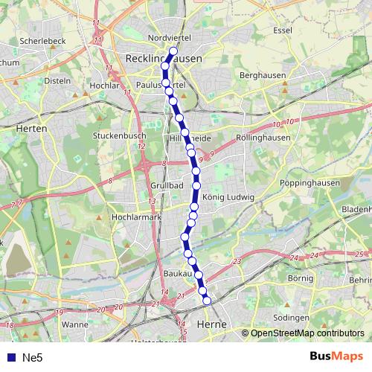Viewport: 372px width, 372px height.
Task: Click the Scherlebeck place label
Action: pos(44,41)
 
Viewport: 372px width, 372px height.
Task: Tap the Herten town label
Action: pos(31,128)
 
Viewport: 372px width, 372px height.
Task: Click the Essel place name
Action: pos(283,31)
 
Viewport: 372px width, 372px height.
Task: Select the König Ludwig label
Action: pos(228,197)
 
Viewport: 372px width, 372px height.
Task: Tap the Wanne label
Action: pos(75,324)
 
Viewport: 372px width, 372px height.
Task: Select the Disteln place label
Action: pos(58,80)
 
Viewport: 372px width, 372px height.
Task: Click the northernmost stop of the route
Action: pos(173,51)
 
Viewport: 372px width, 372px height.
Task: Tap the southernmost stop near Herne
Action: pos(207,301)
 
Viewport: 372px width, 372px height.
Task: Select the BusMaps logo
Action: pos(337,356)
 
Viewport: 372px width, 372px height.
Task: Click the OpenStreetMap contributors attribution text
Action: pos(307,333)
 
